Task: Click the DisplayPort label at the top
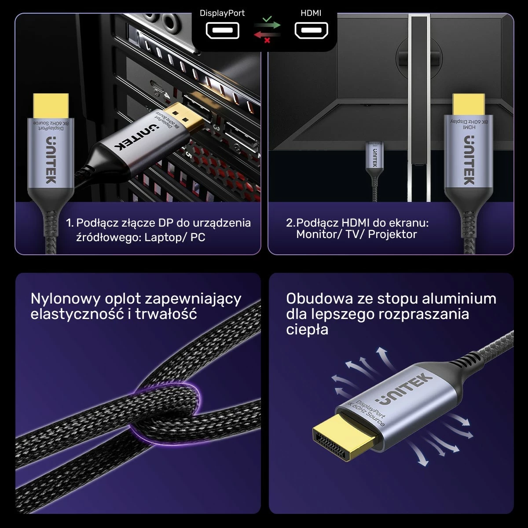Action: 222,13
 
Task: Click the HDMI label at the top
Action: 311,13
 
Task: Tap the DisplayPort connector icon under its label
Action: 223,31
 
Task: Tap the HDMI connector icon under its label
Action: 311,31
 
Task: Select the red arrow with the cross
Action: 267,37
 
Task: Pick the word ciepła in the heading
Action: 307,330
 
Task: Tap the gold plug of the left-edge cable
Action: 51,106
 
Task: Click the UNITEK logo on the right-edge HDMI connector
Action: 469,160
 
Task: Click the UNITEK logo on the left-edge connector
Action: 51,160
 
